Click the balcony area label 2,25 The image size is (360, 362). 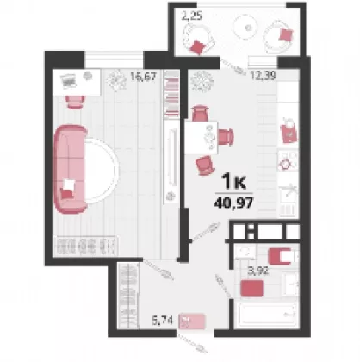click(x=191, y=16)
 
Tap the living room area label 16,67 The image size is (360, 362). click(x=144, y=77)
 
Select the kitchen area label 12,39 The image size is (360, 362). click(x=264, y=76)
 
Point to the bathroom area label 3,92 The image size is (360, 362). click(x=258, y=271)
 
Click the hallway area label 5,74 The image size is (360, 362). click(x=163, y=320)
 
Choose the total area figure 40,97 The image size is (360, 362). click(x=233, y=203)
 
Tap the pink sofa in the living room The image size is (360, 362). click(x=70, y=170)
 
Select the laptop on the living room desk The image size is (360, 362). click(x=68, y=79)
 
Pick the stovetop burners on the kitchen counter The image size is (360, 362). click(x=288, y=160)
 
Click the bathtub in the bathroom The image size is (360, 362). click(x=267, y=315)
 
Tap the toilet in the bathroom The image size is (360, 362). click(x=282, y=256)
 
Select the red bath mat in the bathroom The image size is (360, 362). click(x=252, y=288)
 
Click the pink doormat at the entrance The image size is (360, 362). click(x=192, y=321)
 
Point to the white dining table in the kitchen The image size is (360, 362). click(x=201, y=138)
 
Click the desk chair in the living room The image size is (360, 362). click(x=75, y=102)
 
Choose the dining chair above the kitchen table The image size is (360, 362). click(x=200, y=113)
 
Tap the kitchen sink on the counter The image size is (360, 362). click(x=289, y=195)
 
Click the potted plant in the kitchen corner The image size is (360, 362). click(x=202, y=81)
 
